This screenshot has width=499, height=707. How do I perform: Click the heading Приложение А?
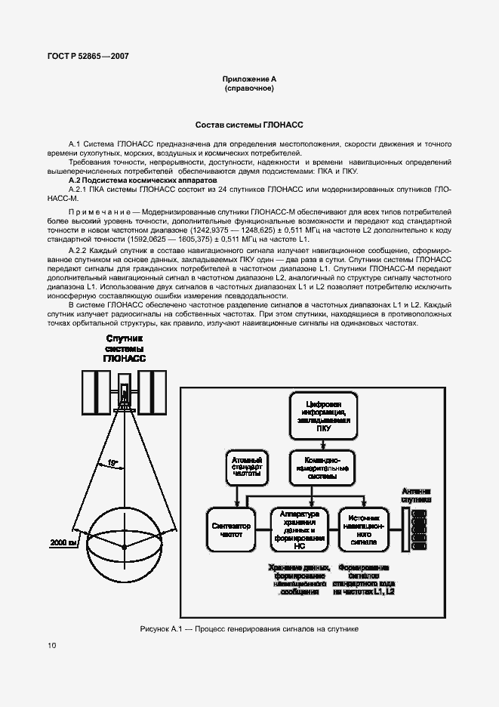pos(248,79)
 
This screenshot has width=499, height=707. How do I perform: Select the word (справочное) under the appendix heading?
pos(248,88)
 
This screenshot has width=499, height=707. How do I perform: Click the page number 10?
pos(51,644)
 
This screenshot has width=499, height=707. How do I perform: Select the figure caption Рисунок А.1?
pos(248,628)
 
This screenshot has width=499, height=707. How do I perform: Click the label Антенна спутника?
pos(416,494)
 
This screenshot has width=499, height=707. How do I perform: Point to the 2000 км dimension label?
pos(63,542)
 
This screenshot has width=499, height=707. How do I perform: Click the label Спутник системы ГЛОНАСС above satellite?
pos(125,348)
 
